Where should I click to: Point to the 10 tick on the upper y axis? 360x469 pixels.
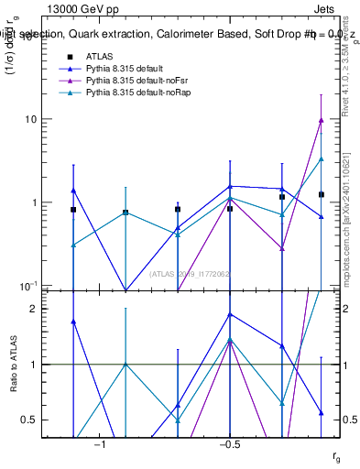click(54, 119)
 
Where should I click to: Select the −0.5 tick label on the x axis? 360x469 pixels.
click(230, 443)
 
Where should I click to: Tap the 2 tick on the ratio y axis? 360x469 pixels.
click(57, 309)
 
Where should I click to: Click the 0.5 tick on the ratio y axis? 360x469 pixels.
click(53, 420)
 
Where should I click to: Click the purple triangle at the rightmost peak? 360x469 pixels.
click(321, 119)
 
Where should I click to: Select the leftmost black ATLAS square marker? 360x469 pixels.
click(73, 210)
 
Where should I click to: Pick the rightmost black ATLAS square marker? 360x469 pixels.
click(321, 194)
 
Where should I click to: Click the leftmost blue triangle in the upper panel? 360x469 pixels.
click(73, 191)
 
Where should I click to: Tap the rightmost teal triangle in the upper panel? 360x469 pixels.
click(321, 158)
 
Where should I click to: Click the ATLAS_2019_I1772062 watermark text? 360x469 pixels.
click(191, 274)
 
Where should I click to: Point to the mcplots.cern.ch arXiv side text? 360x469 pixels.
click(349, 211)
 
